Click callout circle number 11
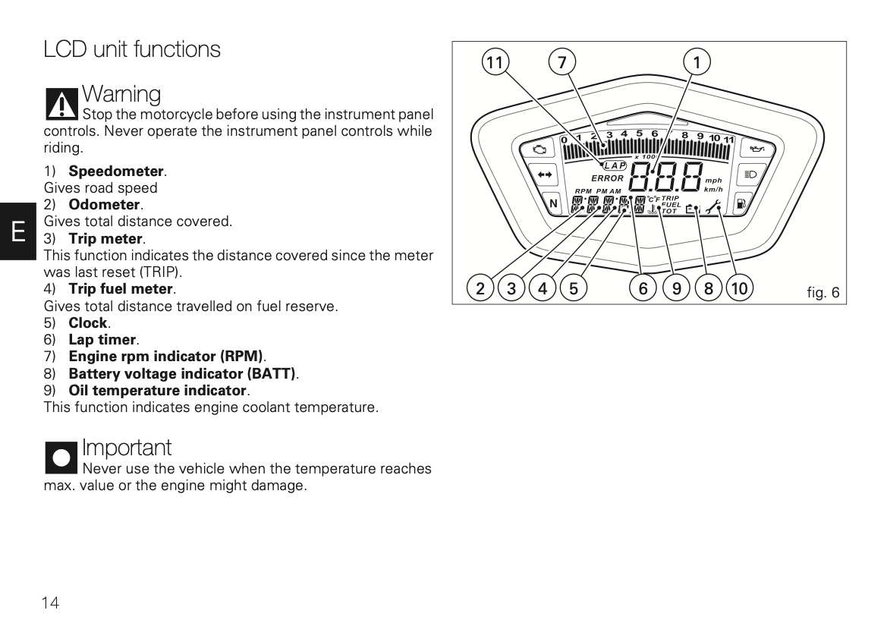point(495,63)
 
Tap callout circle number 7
point(561,63)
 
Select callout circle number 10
point(738,288)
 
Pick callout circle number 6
point(643,288)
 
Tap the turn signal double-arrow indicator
point(543,175)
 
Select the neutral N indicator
point(552,203)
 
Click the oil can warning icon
point(756,149)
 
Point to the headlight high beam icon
point(750,175)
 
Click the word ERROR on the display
point(607,178)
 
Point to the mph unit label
point(713,181)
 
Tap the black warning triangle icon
point(61,105)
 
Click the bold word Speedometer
point(116,171)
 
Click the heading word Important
point(127,448)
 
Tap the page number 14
point(50,603)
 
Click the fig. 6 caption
point(823,292)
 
